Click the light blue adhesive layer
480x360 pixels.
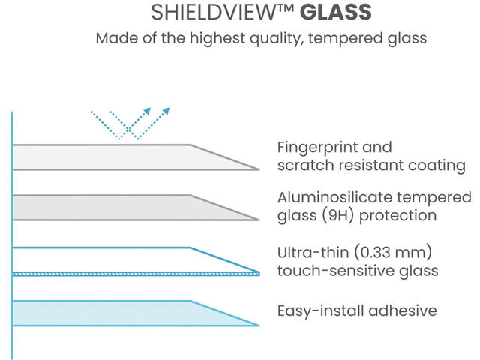(x=112, y=313)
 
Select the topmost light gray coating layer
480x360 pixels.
(x=112, y=157)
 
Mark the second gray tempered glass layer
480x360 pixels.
(x=112, y=208)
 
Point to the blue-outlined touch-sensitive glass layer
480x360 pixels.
(x=112, y=259)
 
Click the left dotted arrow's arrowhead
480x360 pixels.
(x=148, y=111)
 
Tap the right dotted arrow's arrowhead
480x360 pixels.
(x=166, y=111)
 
